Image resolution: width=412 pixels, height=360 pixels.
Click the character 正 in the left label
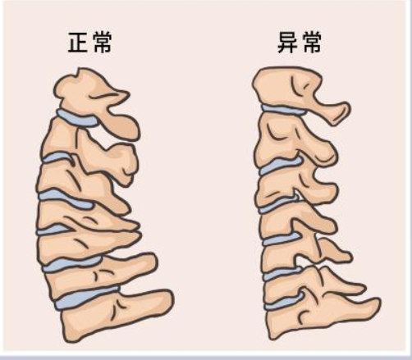[x=79, y=42]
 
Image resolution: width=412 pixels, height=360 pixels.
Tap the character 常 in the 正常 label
[x=103, y=42]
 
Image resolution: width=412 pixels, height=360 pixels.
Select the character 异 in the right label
[x=288, y=42]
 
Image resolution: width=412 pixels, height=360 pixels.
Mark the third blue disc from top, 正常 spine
[x=66, y=198]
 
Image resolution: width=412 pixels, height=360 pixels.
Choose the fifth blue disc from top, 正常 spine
[x=71, y=264]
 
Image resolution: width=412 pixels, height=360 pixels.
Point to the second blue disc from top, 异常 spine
[x=280, y=165]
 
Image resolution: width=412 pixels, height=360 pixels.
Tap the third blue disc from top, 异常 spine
[x=277, y=206]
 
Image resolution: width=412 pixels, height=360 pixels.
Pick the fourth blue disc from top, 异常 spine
[x=282, y=239]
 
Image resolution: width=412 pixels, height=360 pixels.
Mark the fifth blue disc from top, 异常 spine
[x=282, y=274]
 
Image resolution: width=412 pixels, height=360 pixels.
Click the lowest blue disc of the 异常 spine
[x=284, y=302]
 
